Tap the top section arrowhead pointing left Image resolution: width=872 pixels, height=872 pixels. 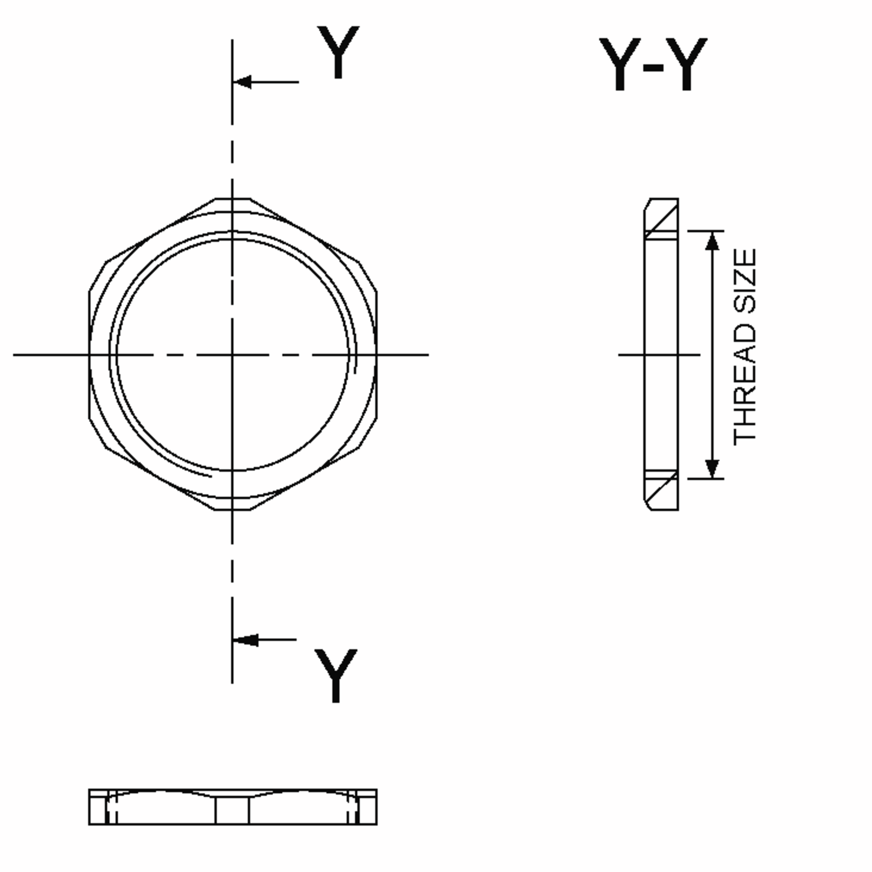click(x=243, y=82)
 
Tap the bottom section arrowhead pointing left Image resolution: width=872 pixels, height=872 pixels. click(x=246, y=640)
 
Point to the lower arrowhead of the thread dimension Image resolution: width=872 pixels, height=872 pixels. click(x=712, y=468)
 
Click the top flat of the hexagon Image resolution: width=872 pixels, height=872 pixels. click(x=233, y=199)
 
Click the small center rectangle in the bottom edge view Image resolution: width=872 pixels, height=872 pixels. click(x=232, y=810)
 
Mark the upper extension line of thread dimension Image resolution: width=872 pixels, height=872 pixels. click(x=706, y=231)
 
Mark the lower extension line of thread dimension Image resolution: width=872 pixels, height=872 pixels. click(x=706, y=479)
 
